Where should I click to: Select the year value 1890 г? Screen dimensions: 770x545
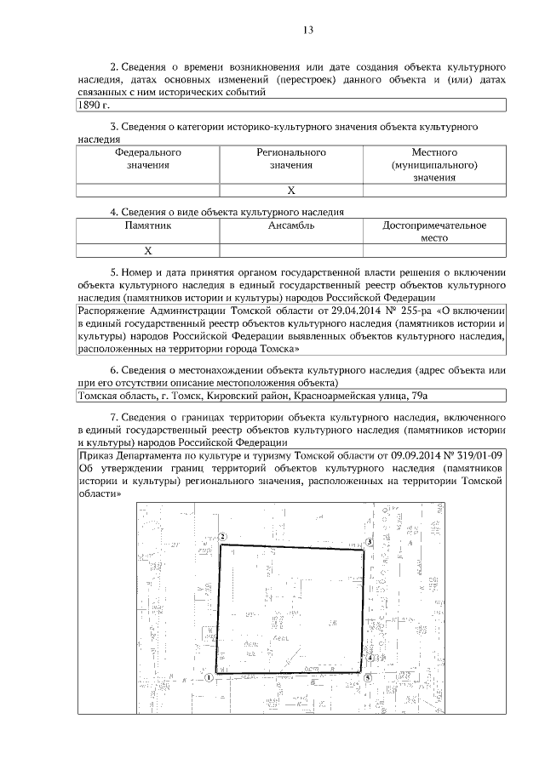95,105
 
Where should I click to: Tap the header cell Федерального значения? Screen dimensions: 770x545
148,159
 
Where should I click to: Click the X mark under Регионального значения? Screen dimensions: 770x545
291,190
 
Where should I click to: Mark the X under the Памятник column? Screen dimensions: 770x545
147,250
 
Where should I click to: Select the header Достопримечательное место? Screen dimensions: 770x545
434,231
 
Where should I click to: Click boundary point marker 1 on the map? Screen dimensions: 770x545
208,677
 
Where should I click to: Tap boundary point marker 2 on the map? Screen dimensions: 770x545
221,537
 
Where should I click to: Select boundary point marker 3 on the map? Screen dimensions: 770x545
370,542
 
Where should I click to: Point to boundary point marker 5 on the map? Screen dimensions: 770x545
368,677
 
